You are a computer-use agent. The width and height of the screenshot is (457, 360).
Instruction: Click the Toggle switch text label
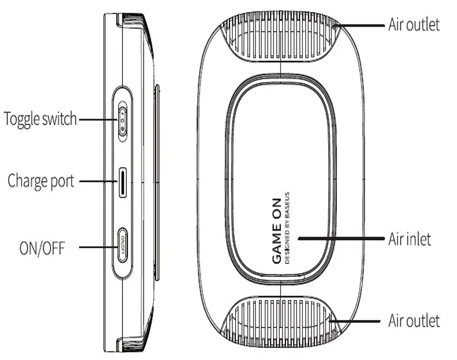[x=40, y=120]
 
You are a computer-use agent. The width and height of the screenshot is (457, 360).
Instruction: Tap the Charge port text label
[x=41, y=181]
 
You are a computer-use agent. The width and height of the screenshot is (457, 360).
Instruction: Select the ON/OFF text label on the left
[x=42, y=248]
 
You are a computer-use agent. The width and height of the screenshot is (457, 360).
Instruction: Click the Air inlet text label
[x=410, y=239]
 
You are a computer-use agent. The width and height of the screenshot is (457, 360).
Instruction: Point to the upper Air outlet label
[x=414, y=25]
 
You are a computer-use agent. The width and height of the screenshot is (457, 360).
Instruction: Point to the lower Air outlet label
[x=414, y=321]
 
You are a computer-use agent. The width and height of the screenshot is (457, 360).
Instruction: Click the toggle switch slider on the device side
[x=123, y=121]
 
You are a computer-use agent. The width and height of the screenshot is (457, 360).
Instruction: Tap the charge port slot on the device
[x=123, y=183]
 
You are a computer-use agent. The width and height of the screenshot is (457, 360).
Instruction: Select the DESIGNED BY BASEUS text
[x=287, y=228]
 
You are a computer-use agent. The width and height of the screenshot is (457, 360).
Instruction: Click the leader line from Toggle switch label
[x=98, y=120]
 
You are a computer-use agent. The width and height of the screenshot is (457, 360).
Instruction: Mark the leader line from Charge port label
[x=98, y=181]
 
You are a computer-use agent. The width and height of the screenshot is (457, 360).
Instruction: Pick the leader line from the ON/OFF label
[x=98, y=247]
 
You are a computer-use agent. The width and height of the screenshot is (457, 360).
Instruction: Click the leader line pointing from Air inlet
[x=341, y=238]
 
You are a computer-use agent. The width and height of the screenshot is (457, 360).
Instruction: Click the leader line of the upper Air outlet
[x=359, y=25]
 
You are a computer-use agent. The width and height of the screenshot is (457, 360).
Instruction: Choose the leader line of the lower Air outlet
[x=355, y=321]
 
